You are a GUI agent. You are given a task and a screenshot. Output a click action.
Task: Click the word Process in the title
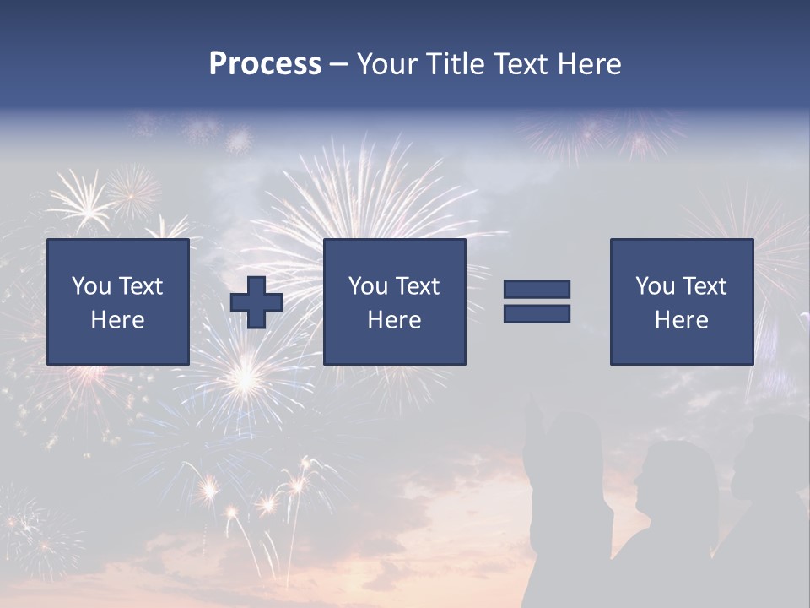(x=265, y=64)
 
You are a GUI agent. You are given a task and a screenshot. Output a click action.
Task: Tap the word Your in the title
(x=387, y=64)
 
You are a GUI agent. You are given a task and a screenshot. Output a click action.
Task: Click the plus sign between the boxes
(x=256, y=302)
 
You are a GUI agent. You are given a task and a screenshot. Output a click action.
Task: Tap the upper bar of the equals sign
(x=537, y=290)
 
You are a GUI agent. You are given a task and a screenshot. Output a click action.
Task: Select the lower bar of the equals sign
(x=537, y=314)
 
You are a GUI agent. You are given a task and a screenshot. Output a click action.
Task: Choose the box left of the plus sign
(x=118, y=301)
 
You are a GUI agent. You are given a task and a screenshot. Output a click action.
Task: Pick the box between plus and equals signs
(x=395, y=301)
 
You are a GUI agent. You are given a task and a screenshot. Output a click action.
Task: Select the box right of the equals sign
(x=682, y=301)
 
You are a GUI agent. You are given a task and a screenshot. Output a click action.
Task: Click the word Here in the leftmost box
(x=118, y=320)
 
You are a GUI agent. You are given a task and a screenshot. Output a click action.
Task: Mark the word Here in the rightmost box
(x=682, y=320)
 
